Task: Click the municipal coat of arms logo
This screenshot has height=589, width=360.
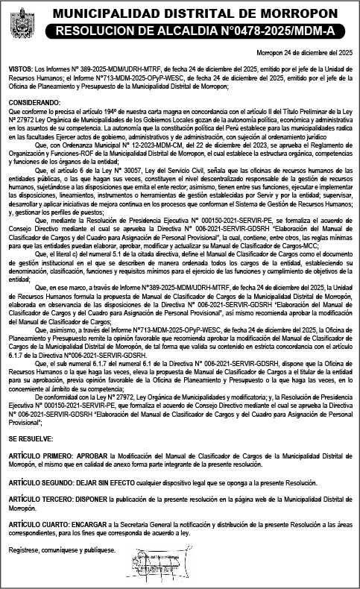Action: (20, 23)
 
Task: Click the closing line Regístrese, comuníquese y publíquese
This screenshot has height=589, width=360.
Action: (63, 550)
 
